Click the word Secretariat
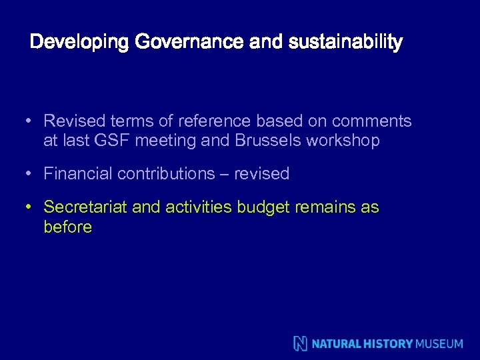[85, 207]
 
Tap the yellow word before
[67, 227]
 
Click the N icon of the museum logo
[301, 343]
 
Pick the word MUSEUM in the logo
[439, 344]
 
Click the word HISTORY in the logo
[389, 344]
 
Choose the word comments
[371, 121]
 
